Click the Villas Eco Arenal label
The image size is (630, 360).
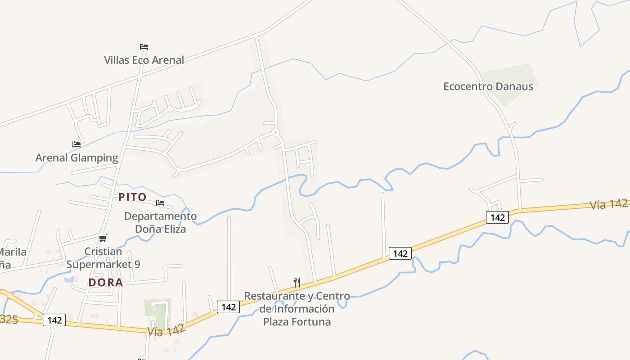point(144,60)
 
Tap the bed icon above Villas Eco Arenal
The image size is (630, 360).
point(144,47)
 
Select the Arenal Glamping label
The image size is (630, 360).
point(76,157)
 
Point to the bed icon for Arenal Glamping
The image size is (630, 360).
point(76,144)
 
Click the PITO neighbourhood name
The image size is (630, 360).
point(132,197)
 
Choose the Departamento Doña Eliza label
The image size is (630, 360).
point(160,222)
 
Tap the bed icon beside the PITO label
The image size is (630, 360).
point(160,203)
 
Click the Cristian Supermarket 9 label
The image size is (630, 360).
point(103,258)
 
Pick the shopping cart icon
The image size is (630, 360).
point(103,238)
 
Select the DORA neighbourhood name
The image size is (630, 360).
point(106,283)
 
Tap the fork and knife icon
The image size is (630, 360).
point(297,283)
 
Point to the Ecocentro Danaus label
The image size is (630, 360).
point(488,86)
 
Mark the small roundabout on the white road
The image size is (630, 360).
point(275,132)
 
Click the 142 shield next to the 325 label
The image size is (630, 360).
point(54,320)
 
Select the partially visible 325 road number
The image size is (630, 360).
point(8,319)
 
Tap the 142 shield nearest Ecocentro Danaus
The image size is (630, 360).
point(497,217)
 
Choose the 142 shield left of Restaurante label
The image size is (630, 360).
point(229,307)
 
